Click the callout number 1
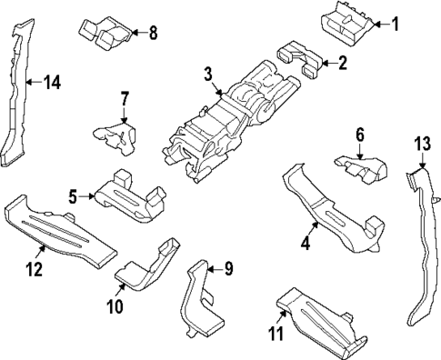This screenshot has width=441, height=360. click(395, 24)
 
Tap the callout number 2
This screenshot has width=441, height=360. click(342, 64)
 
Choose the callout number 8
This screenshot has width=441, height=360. click(153, 35)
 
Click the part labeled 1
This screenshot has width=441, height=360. click(348, 20)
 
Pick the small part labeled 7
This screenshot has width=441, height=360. click(114, 132)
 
